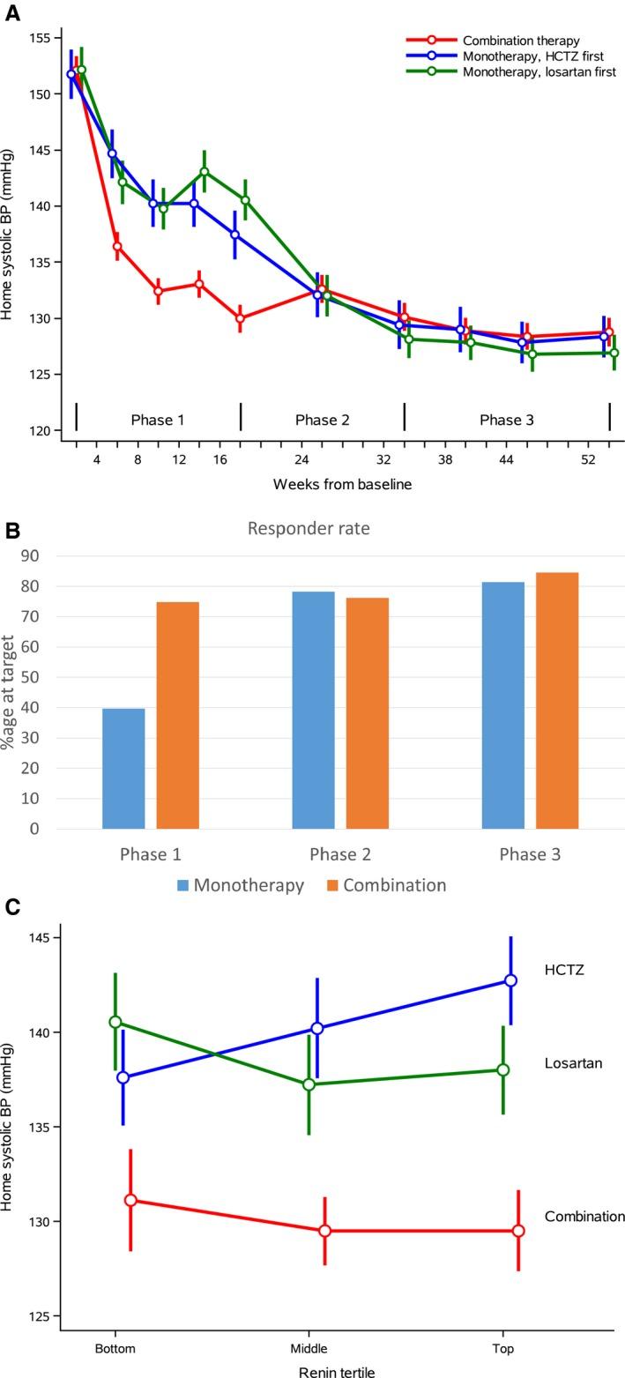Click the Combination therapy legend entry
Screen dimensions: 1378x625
click(520, 41)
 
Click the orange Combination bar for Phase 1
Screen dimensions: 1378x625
click(177, 715)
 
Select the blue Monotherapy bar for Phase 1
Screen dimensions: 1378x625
click(123, 768)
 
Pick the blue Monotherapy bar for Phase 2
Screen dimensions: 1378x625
click(313, 710)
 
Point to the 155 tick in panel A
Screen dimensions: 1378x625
click(39, 38)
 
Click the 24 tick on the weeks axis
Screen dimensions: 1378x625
click(301, 460)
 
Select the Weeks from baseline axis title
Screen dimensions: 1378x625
click(342, 484)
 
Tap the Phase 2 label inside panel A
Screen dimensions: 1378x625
click(322, 420)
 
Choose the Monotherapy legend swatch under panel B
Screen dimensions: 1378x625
click(182, 885)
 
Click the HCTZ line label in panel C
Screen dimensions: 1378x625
click(564, 971)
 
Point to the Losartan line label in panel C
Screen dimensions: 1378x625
click(573, 1063)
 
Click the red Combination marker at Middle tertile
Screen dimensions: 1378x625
click(324, 1231)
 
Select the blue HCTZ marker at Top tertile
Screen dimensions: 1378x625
click(510, 980)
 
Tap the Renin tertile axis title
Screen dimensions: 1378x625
click(336, 1372)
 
